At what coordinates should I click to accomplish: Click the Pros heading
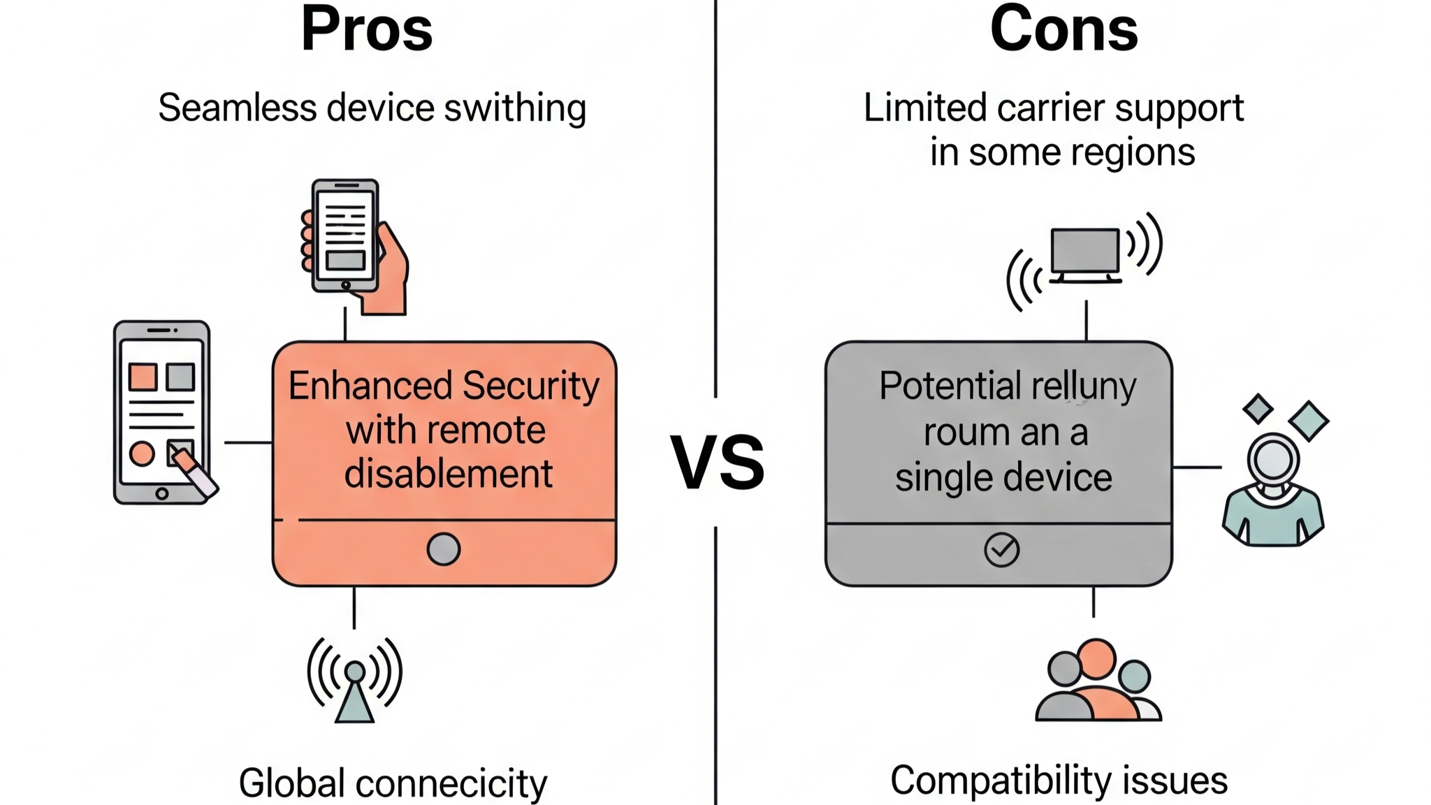click(367, 30)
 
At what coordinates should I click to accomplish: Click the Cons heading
click(1063, 30)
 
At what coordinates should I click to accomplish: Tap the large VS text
click(718, 463)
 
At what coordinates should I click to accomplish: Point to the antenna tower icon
click(355, 681)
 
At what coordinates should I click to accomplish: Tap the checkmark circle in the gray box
click(1001, 549)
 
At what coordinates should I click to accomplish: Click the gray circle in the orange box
click(443, 549)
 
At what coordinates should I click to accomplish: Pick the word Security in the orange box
click(531, 386)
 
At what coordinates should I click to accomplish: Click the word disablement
click(449, 474)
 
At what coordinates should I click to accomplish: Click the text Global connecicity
click(393, 783)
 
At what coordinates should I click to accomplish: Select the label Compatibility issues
click(1059, 780)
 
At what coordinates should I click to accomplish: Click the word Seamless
click(238, 108)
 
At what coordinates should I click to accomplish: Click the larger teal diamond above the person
click(1308, 421)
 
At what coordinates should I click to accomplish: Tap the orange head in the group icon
click(1096, 658)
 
